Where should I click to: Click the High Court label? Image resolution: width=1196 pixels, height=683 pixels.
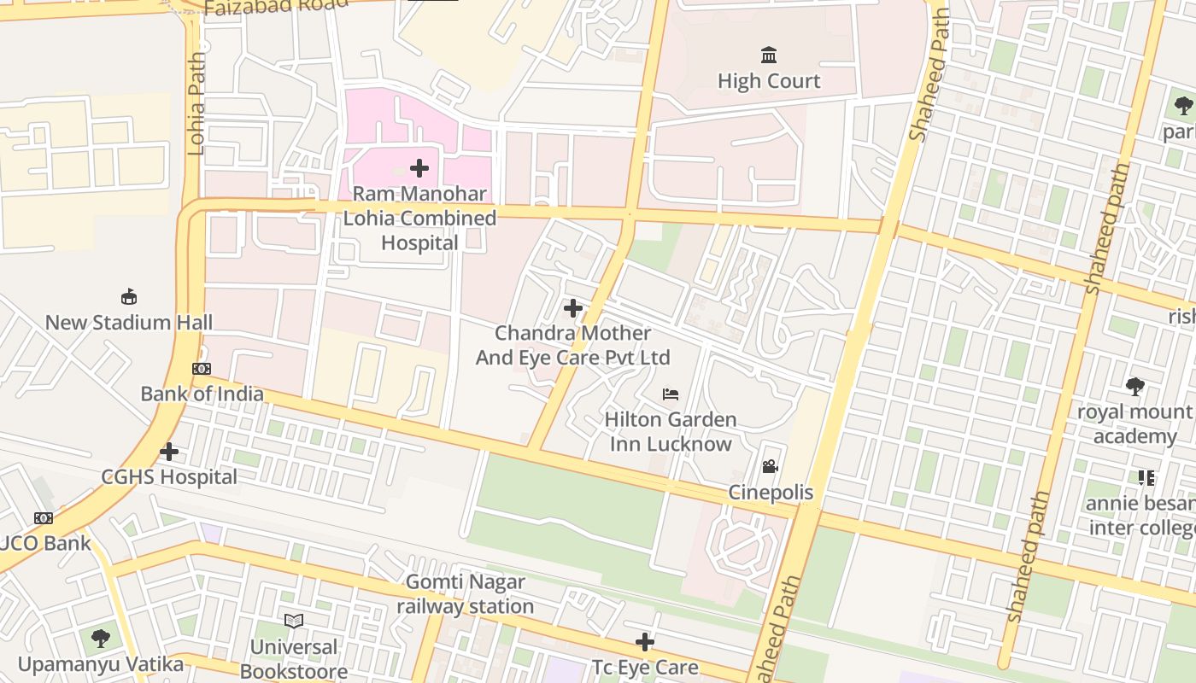point(769,81)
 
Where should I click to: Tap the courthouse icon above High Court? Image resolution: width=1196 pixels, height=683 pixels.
point(769,55)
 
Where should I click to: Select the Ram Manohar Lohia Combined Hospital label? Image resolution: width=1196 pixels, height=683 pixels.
point(419,219)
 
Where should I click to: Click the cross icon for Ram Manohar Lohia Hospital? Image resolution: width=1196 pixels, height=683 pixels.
point(419,167)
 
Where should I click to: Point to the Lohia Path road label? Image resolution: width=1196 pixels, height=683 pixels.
point(196,104)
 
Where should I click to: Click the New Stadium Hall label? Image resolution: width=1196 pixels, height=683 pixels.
point(129,323)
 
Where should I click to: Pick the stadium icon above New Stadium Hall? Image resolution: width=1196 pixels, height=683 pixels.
point(129,297)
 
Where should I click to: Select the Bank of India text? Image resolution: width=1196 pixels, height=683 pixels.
point(202,394)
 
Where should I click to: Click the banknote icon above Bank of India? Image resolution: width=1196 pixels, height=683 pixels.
point(202,369)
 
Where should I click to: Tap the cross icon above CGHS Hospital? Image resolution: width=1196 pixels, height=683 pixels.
point(169,451)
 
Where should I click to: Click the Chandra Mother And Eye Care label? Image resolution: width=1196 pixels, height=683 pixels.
point(572,345)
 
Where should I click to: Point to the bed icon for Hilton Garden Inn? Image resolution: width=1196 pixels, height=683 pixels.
point(671,394)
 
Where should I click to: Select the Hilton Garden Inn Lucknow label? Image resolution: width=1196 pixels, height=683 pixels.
point(671,432)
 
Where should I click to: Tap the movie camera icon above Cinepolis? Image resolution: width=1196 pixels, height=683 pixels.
point(770,467)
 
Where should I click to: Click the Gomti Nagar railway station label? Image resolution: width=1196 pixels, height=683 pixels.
point(466,594)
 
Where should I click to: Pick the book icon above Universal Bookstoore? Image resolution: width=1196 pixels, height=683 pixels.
point(294,621)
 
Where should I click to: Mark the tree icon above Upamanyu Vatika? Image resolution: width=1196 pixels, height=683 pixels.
point(101,638)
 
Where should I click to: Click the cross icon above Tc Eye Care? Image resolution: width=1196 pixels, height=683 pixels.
point(645,642)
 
